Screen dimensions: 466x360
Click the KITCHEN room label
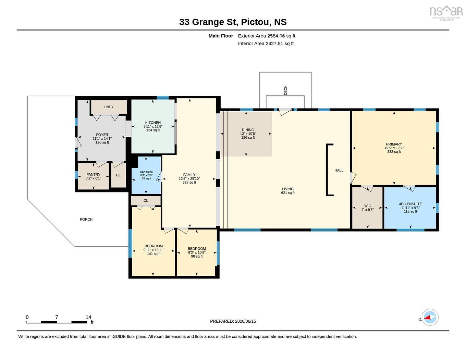click(x=153, y=123)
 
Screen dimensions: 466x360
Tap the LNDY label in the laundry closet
click(x=109, y=107)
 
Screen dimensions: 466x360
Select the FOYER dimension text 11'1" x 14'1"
click(x=102, y=138)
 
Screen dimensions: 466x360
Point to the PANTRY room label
click(x=93, y=175)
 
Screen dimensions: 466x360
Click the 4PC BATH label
click(x=146, y=172)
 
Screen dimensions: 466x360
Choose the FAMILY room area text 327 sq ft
click(x=189, y=182)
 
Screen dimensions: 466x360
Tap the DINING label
click(x=248, y=129)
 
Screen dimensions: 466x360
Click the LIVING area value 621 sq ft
click(x=288, y=193)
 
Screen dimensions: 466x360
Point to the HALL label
click(x=339, y=170)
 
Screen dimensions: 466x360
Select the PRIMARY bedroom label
click(x=394, y=144)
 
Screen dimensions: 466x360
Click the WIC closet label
click(x=368, y=206)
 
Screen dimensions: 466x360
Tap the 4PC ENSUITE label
click(x=410, y=204)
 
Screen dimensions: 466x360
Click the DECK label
click(x=285, y=90)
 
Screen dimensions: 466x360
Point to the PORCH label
click(x=86, y=219)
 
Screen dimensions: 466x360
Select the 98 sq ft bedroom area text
click(x=197, y=256)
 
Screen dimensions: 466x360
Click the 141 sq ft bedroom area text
click(x=154, y=254)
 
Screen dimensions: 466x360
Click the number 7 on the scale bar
click(x=57, y=317)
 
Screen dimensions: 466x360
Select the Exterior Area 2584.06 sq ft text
click(x=267, y=36)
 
